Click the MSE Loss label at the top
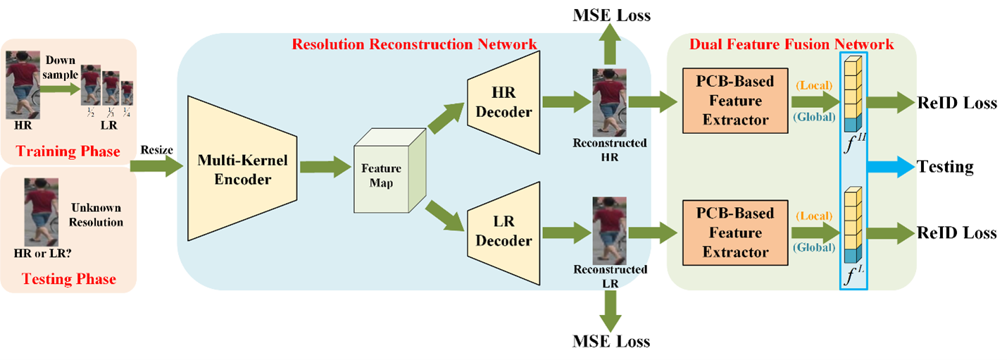point(611,15)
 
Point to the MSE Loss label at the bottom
point(611,343)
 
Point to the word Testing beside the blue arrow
point(945,167)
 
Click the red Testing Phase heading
point(69,279)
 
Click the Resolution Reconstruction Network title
point(414,44)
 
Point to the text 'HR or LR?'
point(45,252)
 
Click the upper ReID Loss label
point(957,103)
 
